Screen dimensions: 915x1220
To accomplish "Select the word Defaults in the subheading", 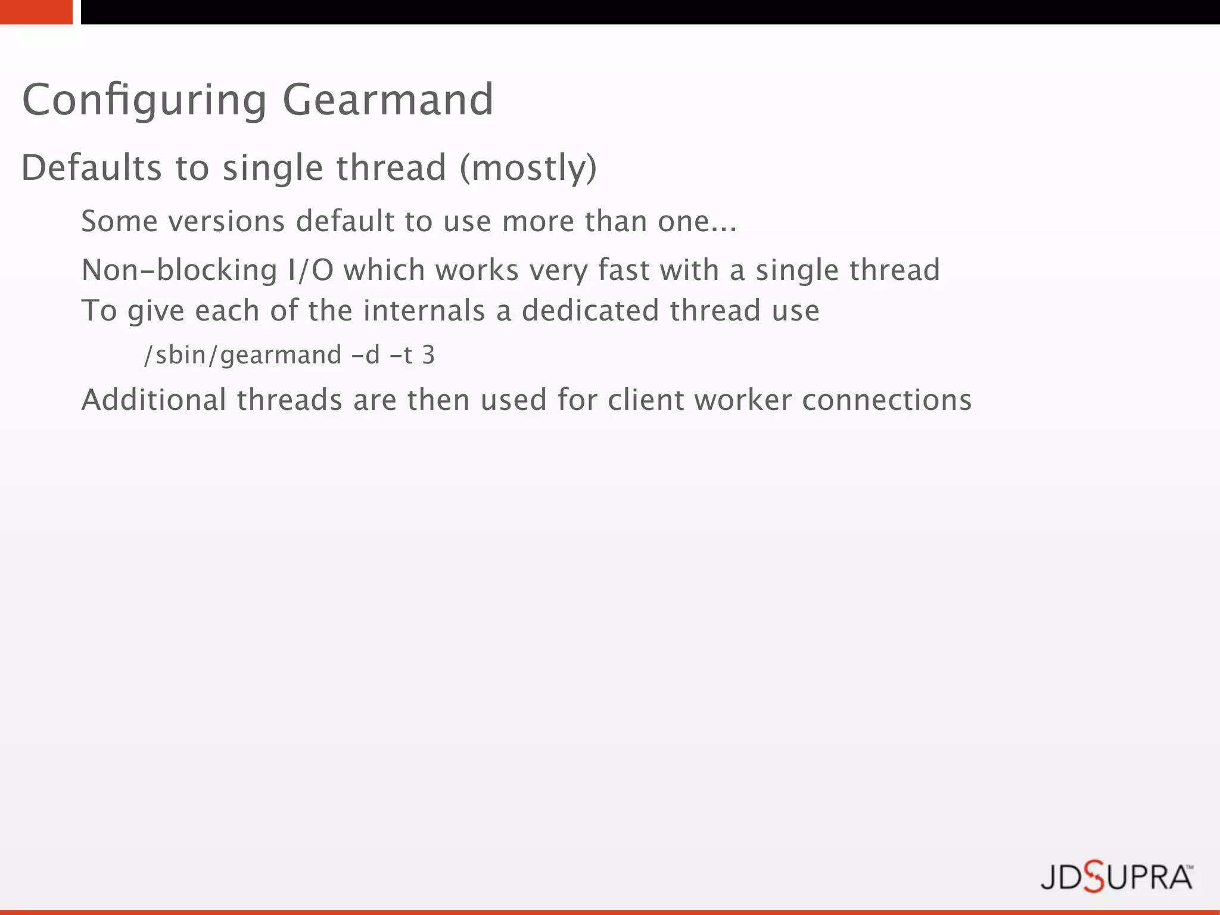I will point(91,167).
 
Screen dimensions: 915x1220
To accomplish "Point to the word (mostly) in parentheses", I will point(528,167).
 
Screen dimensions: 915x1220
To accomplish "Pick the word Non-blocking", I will point(179,270).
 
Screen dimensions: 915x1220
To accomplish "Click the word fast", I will point(623,270).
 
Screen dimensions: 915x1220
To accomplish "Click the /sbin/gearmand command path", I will point(242,355).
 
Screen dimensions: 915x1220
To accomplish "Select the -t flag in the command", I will point(401,355).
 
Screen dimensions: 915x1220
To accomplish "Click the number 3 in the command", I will point(428,355).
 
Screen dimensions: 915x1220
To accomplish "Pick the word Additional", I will point(154,400).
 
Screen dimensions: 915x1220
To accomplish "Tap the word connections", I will point(886,400).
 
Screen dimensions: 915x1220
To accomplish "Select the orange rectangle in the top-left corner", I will point(36,12).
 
